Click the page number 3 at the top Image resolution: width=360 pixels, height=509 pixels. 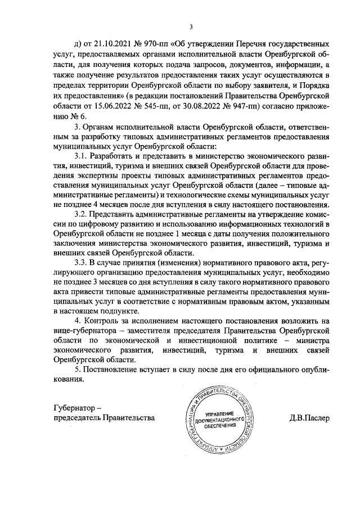[191, 27]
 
